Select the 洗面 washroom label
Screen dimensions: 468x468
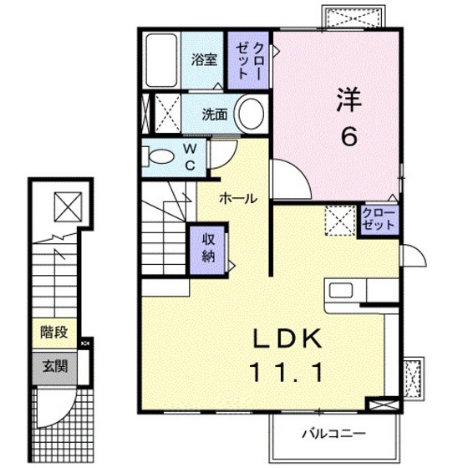[215, 114]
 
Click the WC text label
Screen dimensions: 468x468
[189, 157]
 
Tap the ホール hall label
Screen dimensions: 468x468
[238, 199]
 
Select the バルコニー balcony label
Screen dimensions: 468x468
[333, 434]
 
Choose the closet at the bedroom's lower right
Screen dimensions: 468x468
[379, 220]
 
